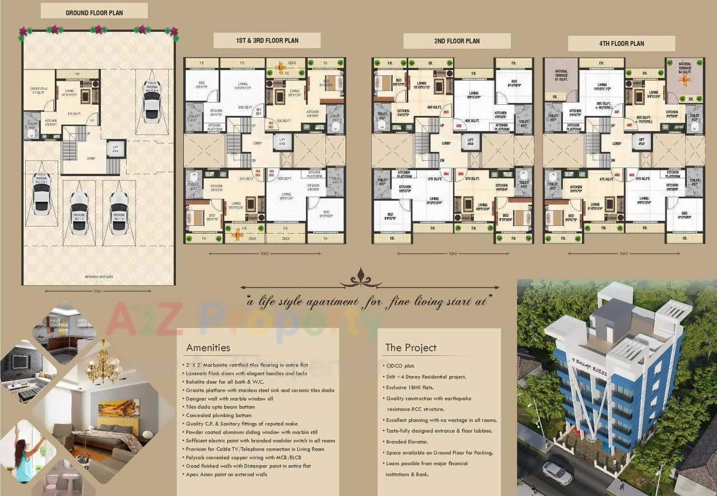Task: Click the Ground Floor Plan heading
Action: click(94, 12)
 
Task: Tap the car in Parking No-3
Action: click(80, 212)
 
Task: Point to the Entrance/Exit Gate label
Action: click(98, 277)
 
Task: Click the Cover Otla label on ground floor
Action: click(38, 90)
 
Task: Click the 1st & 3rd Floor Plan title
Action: click(267, 40)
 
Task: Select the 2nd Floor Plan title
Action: click(457, 41)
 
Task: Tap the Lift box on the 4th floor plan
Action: click(640, 141)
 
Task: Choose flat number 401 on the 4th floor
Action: click(617, 112)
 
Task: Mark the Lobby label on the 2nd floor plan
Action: click(446, 143)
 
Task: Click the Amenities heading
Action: click(208, 347)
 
